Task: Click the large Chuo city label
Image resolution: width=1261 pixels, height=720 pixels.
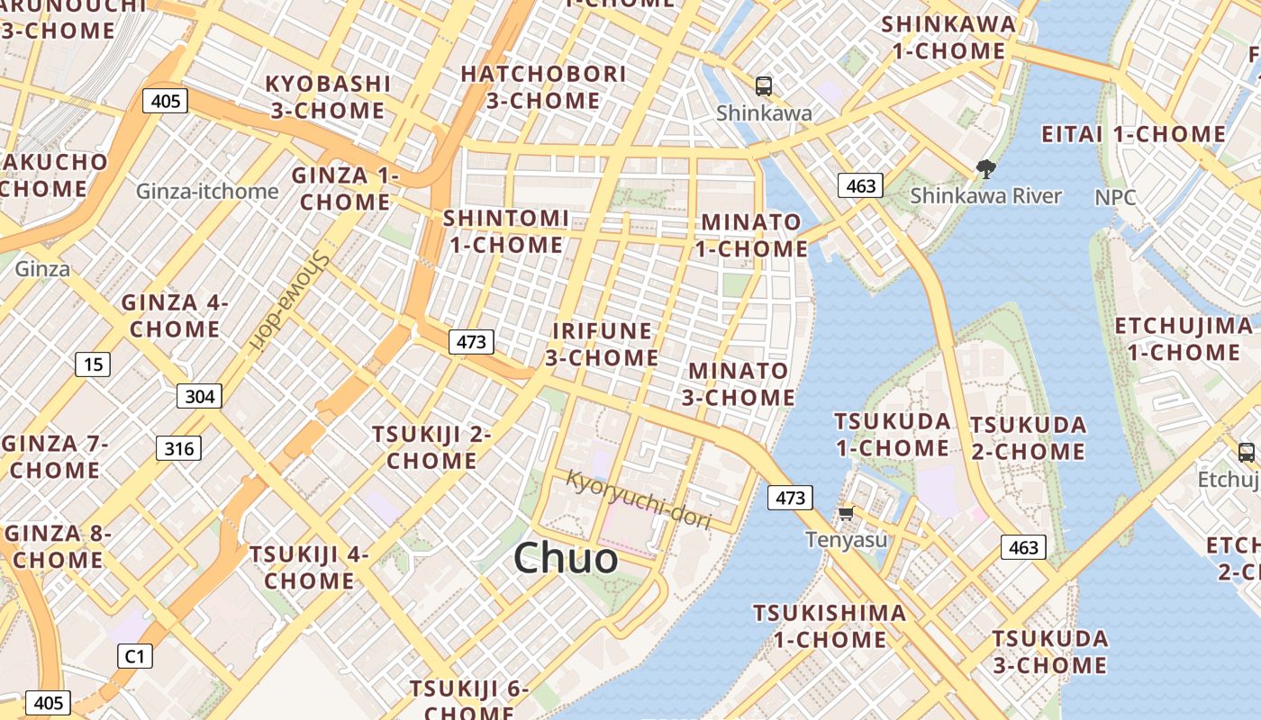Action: (566, 559)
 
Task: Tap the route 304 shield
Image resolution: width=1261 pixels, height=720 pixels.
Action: (199, 396)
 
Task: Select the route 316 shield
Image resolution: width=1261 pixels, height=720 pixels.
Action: (178, 448)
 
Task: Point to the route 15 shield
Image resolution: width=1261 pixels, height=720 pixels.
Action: (92, 364)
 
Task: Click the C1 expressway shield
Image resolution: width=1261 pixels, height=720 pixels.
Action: (134, 656)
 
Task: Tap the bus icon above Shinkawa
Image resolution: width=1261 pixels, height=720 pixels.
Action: (764, 86)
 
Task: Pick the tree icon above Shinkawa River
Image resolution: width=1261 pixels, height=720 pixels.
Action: (986, 168)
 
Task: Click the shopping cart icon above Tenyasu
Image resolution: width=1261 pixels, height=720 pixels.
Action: (846, 514)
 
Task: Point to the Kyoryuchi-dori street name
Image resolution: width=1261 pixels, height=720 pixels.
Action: (638, 499)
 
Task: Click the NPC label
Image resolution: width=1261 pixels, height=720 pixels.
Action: (1115, 197)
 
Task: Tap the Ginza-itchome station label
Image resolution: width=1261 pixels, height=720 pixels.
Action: (207, 192)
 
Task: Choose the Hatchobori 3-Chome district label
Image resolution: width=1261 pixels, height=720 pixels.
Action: (543, 87)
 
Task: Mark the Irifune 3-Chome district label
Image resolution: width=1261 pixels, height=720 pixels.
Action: (602, 345)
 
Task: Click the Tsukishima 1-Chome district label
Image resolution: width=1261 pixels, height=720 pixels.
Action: (830, 626)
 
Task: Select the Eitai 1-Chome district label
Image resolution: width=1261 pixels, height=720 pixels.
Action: (1133, 135)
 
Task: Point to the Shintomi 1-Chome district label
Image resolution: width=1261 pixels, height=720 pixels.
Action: (505, 231)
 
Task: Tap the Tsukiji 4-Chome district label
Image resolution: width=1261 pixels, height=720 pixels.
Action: (309, 567)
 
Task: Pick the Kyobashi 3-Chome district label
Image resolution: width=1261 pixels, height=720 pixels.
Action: (328, 97)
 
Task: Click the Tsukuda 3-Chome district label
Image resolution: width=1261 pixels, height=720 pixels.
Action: (1049, 652)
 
